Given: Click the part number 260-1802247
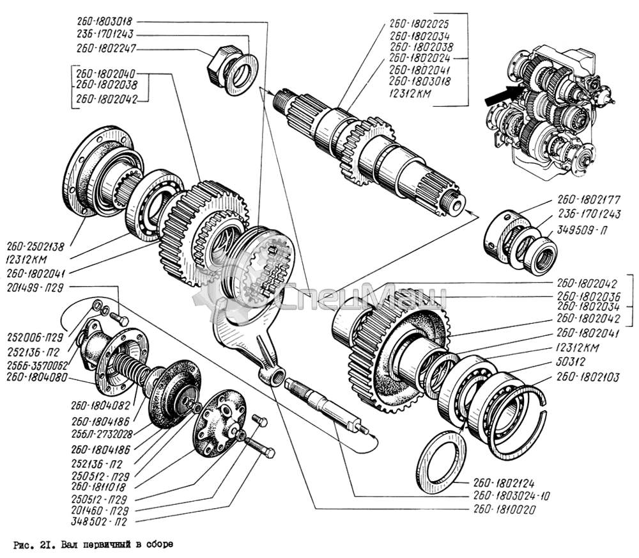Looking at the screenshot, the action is (x=105, y=49).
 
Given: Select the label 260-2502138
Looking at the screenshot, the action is (x=35, y=246).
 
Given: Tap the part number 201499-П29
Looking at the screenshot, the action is (x=35, y=288).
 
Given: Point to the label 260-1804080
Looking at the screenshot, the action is (x=36, y=378).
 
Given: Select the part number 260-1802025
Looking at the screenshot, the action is (x=419, y=23).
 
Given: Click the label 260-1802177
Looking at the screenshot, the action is (x=589, y=200).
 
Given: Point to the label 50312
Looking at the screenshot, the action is (x=571, y=362).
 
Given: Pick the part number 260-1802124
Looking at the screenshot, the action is (x=504, y=483).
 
